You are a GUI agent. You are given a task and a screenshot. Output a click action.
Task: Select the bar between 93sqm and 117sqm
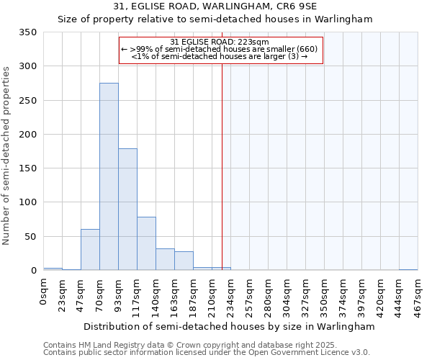tap(127, 209)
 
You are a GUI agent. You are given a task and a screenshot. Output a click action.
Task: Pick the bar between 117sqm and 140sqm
tap(146, 243)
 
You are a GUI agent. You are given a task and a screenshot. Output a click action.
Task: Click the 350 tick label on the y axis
tap(28, 32)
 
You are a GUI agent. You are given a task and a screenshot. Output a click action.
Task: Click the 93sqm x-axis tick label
tap(119, 294)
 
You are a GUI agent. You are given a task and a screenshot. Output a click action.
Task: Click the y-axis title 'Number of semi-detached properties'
tap(7, 155)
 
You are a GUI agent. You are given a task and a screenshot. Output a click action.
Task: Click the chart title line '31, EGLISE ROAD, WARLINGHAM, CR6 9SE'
tap(215, 6)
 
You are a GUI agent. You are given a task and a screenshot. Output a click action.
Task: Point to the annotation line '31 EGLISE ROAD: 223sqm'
tap(220, 42)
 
